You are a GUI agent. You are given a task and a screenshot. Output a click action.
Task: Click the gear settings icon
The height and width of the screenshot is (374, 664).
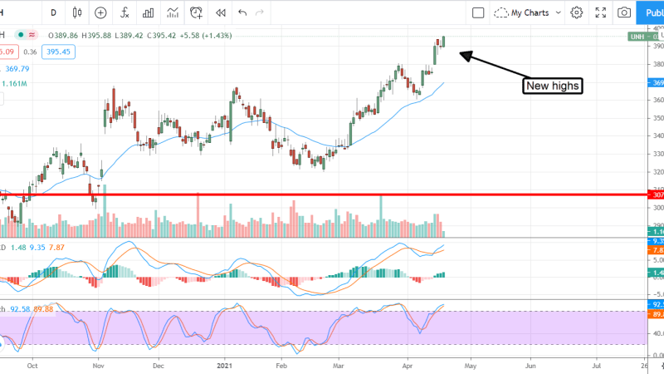[577, 12]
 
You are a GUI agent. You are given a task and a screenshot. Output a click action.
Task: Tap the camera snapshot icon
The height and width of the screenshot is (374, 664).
[623, 12]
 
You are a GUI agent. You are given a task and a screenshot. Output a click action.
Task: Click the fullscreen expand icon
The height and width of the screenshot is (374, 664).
[600, 12]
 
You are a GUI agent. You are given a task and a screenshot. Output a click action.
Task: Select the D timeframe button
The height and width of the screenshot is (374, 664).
[54, 12]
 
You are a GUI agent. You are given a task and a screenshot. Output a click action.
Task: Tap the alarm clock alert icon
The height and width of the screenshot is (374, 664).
[197, 12]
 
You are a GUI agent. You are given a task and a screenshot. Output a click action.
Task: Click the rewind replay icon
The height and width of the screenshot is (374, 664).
[220, 12]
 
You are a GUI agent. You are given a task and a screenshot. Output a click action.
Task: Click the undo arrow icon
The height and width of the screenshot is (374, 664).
[242, 12]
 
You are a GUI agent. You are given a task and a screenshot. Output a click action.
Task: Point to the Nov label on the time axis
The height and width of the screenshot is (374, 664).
[98, 364]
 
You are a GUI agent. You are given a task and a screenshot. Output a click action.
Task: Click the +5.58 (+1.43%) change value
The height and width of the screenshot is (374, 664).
[203, 36]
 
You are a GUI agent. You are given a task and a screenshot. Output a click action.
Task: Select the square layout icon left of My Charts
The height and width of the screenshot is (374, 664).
[478, 12]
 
